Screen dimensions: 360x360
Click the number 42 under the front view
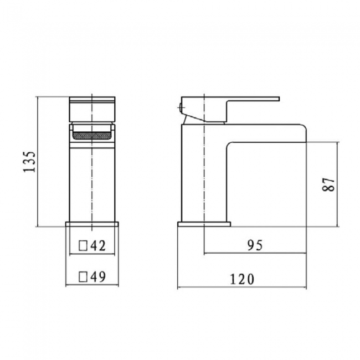99,245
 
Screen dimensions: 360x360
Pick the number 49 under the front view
99,275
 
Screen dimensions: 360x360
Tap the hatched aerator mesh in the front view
92,134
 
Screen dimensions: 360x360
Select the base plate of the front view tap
92,224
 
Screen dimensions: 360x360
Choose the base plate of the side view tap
203,224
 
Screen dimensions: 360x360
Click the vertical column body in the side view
194,177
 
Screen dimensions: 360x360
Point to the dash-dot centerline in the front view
92,183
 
